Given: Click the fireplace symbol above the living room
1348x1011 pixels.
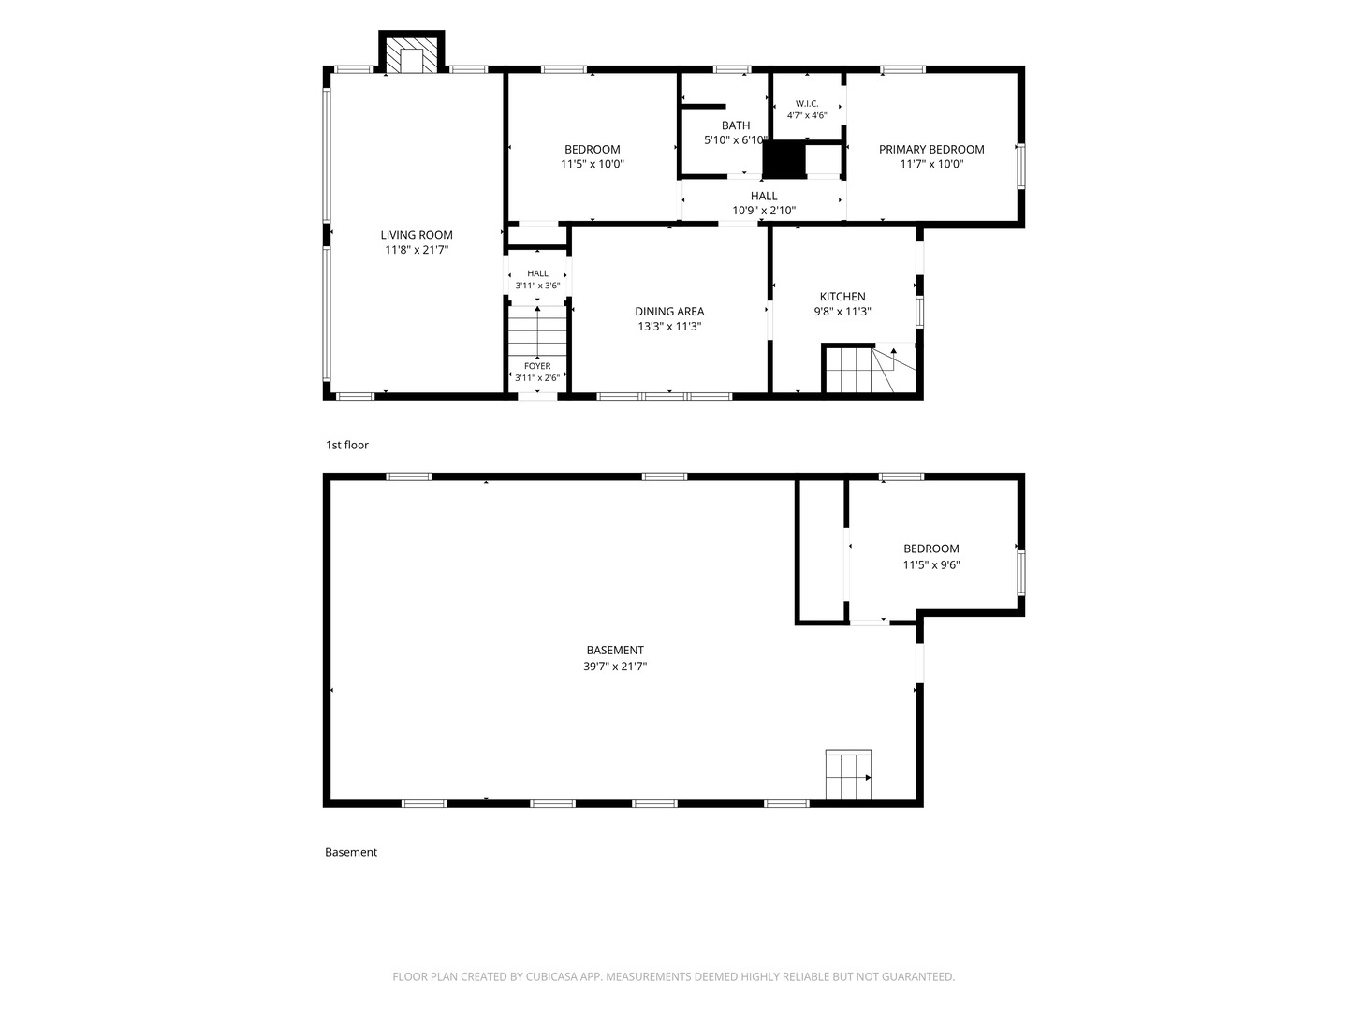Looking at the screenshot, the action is point(412,51).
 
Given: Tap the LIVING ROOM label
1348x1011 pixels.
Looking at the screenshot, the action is point(417,235).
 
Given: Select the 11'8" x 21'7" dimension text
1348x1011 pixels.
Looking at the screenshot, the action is point(417,250).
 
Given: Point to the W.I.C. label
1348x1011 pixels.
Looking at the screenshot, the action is point(807,103).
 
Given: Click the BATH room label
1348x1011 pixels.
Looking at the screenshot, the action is point(736,125).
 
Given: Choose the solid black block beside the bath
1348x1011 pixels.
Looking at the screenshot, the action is point(784,159).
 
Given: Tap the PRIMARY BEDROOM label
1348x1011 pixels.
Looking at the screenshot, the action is point(931,149).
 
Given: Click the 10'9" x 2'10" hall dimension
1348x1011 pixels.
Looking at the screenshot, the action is point(764,211).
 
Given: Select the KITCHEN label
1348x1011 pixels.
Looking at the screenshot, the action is point(842,297).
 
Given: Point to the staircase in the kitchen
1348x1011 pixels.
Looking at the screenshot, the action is point(867,368).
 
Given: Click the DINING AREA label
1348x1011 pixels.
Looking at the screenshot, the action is point(669,311).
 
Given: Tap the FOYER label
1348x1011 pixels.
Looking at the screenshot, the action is point(537,366).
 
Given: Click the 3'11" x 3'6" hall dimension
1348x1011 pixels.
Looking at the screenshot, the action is point(537,286).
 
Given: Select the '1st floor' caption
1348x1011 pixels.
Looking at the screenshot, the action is point(347,445).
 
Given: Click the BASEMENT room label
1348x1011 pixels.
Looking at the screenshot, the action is point(615,650).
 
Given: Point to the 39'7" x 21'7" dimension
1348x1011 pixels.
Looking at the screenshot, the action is point(615,666).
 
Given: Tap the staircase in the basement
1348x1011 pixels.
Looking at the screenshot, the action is point(848,775).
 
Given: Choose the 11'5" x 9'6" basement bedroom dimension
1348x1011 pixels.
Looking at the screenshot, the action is point(931,564).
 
